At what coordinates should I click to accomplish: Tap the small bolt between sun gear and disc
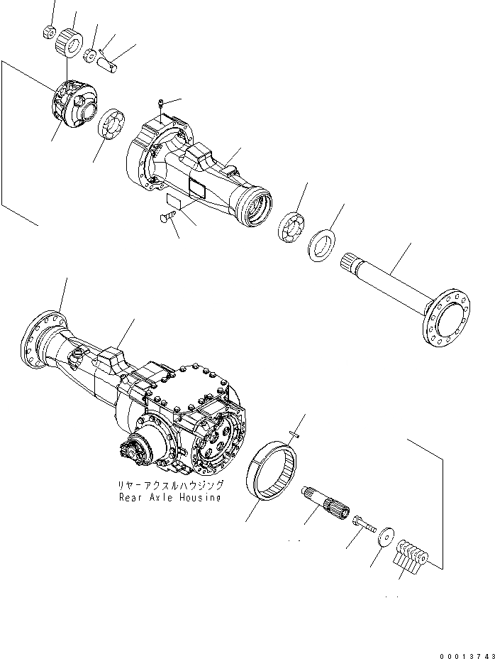(x=363, y=525)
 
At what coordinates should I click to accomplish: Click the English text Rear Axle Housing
(x=170, y=497)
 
